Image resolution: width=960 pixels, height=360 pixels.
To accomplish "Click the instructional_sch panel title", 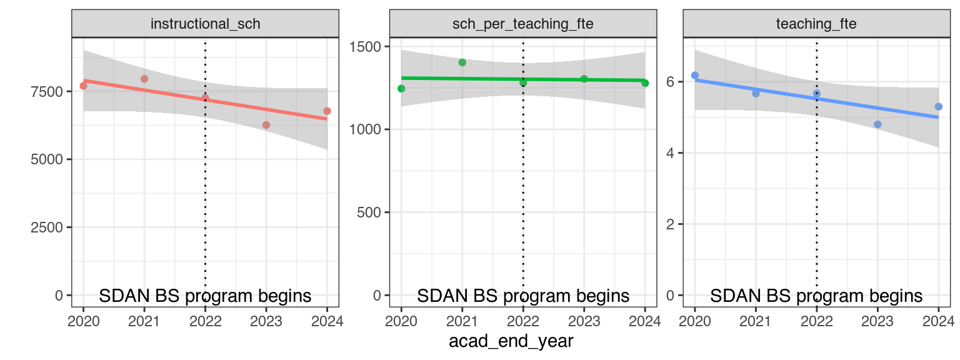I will (x=205, y=24).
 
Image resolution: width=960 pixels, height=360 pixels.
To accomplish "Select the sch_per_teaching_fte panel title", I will (x=522, y=24).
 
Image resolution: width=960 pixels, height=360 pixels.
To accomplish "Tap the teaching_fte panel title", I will (x=816, y=24).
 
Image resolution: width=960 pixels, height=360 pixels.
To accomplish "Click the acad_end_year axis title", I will (x=511, y=342).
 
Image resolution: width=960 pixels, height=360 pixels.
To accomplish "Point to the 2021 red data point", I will (x=144, y=79).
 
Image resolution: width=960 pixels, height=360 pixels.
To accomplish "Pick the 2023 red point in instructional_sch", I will (x=266, y=125).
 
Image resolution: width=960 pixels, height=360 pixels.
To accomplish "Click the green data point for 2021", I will (x=462, y=62).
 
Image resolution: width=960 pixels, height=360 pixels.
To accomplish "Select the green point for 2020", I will (x=401, y=89).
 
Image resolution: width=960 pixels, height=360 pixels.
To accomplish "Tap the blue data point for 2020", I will (x=695, y=75).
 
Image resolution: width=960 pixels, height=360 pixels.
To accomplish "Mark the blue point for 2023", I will (x=877, y=124).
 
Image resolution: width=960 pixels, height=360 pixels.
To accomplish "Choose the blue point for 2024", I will (x=938, y=107).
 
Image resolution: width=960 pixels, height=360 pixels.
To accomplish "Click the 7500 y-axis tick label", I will (x=46, y=92).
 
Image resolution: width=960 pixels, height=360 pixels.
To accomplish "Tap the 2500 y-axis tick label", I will (x=46, y=227).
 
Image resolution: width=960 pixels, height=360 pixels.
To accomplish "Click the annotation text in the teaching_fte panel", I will (x=816, y=296).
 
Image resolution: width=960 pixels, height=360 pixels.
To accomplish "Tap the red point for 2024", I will (x=327, y=111).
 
